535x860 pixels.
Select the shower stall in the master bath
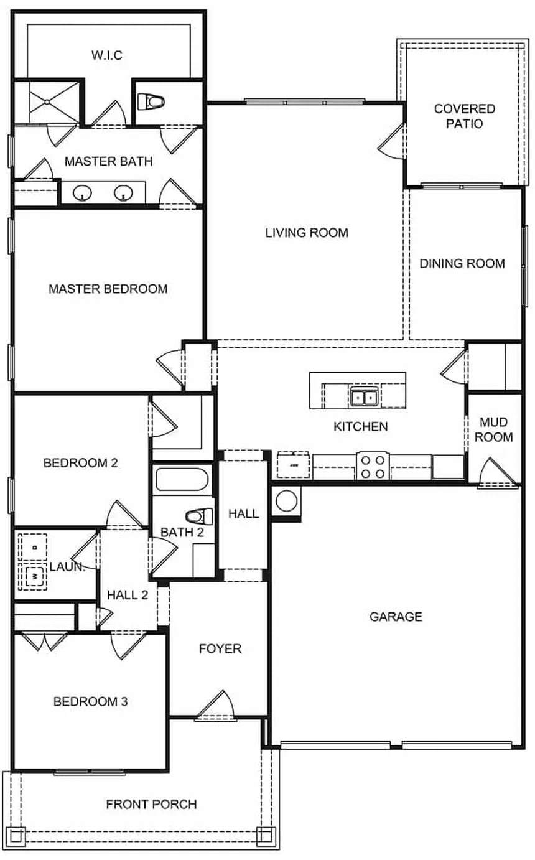(x=47, y=101)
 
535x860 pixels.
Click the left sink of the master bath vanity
(x=82, y=194)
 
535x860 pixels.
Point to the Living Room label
(x=307, y=233)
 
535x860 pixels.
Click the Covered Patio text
(x=465, y=116)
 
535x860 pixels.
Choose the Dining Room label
(x=462, y=264)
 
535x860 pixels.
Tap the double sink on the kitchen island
(x=363, y=396)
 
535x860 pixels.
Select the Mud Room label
(x=496, y=429)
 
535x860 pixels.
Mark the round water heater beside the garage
(x=287, y=500)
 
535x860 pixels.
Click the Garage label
(x=396, y=617)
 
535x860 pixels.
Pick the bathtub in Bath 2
(x=183, y=480)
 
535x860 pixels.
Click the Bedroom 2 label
(x=81, y=463)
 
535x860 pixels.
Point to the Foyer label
(x=220, y=649)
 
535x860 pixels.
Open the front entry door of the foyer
(x=215, y=708)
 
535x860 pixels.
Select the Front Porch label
(x=152, y=804)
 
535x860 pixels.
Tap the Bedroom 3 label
(x=91, y=702)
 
